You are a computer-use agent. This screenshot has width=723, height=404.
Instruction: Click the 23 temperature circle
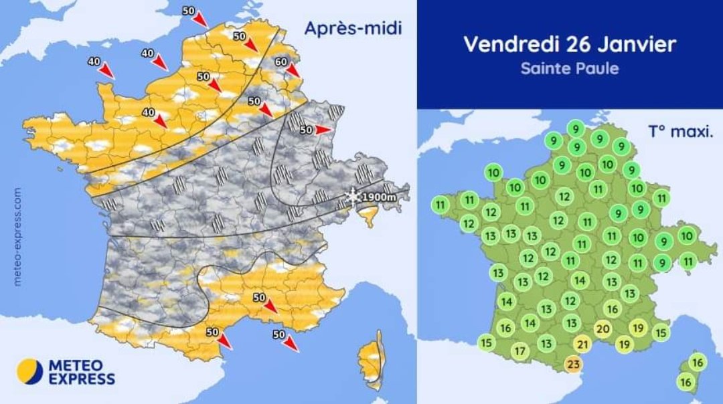573,364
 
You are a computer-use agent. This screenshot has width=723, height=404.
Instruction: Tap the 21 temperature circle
582,344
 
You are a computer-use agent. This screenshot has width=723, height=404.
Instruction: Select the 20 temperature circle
602,328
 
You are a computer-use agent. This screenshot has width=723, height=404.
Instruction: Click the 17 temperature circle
520,350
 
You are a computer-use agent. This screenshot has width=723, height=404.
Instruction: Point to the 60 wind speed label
282,62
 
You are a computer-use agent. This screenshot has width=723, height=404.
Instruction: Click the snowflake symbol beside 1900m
352,196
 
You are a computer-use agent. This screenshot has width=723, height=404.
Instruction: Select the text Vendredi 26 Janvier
569,44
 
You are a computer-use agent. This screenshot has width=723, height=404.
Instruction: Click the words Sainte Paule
569,68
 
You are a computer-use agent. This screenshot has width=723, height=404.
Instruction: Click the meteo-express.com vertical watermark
17,237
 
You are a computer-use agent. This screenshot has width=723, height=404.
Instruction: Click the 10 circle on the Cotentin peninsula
493,172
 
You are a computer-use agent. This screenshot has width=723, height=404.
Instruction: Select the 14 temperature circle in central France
580,280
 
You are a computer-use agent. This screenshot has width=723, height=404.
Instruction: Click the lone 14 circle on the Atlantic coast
507,302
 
